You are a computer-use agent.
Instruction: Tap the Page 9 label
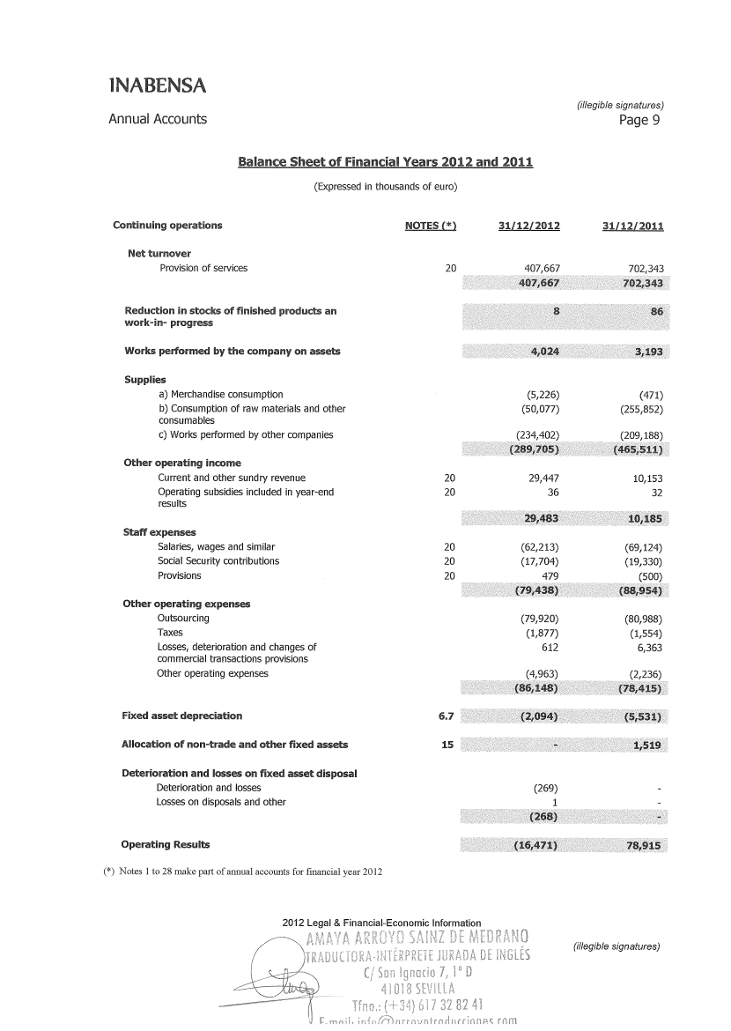(x=639, y=121)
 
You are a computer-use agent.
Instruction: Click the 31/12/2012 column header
(x=529, y=226)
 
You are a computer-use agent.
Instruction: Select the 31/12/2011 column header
(x=632, y=226)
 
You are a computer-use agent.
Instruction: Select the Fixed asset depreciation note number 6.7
(x=446, y=716)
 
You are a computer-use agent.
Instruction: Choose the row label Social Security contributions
(x=218, y=561)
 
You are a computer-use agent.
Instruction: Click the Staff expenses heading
(x=159, y=532)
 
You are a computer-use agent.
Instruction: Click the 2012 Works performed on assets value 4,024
(x=542, y=352)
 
